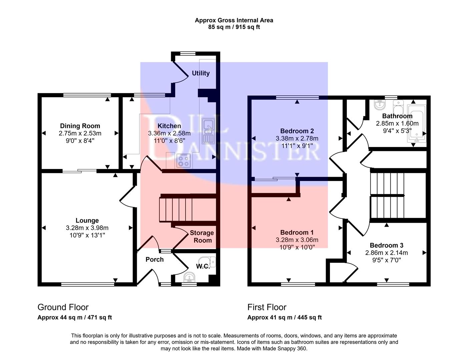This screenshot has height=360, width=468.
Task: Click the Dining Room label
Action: point(80,126)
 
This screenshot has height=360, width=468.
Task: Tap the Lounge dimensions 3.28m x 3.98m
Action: point(87,228)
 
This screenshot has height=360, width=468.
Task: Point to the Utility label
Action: point(200,73)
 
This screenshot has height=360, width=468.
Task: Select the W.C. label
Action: point(203,266)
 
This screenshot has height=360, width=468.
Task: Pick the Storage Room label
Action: point(202,237)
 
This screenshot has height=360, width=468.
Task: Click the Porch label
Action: point(154,259)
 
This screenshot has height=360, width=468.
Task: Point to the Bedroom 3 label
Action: point(386,245)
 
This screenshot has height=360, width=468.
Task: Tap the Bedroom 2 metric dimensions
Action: point(297,138)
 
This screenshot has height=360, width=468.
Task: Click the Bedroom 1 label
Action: point(297,232)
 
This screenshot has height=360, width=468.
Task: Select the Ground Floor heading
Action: point(63,307)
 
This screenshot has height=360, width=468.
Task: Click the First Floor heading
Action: point(267,307)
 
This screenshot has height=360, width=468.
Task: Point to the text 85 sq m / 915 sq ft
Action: point(234,27)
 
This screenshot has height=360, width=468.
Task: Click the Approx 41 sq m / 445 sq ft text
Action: point(284,318)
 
